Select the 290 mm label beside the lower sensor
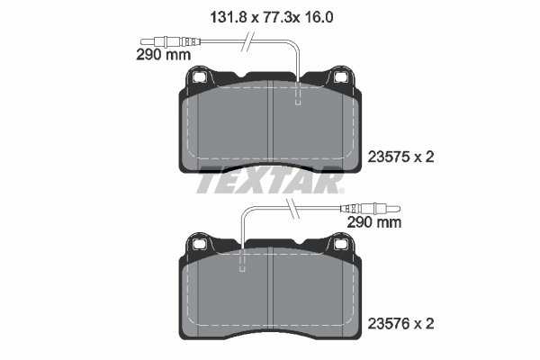373,220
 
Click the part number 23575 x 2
401,157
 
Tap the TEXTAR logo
270,183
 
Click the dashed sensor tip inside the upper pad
298,101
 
